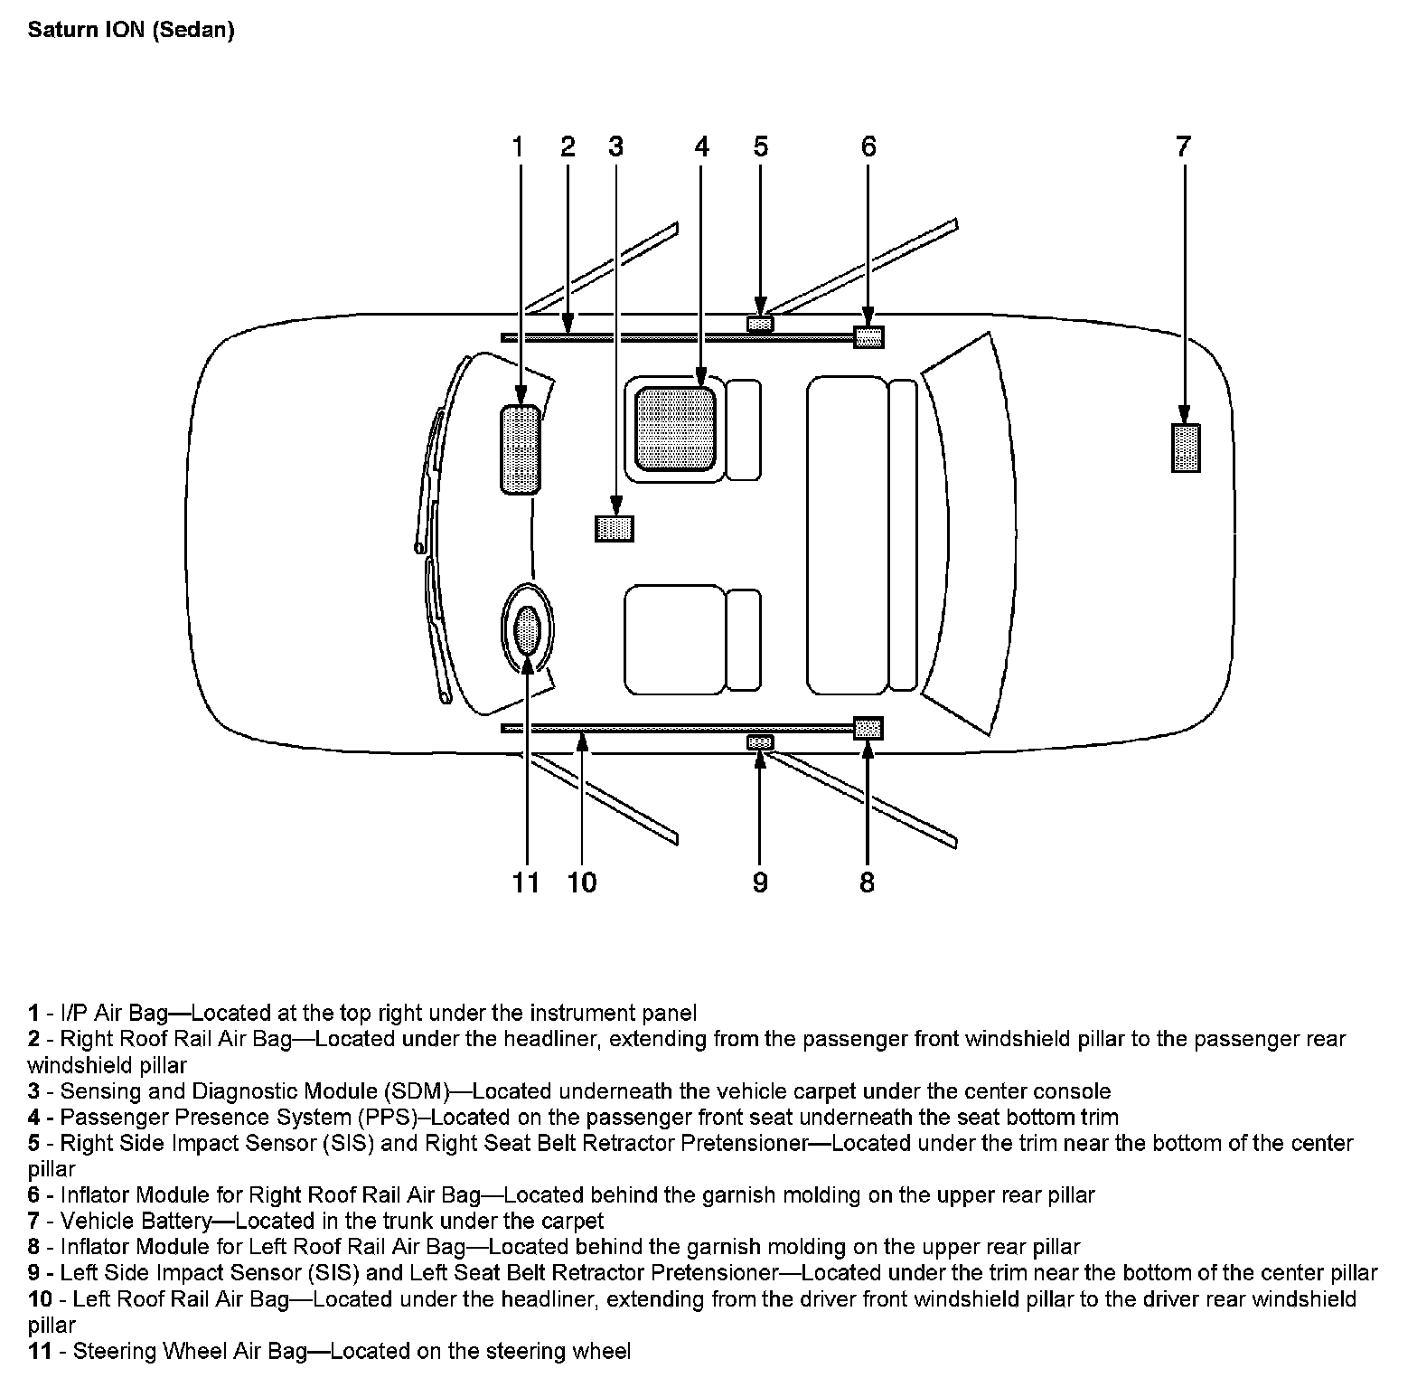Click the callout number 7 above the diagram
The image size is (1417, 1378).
point(1183,146)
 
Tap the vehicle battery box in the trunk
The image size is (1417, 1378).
point(1186,448)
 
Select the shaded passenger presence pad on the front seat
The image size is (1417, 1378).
point(676,429)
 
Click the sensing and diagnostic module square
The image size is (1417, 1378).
point(615,527)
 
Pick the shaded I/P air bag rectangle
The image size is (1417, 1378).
point(521,450)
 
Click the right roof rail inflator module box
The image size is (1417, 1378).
point(868,337)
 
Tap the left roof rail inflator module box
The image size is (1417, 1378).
point(868,728)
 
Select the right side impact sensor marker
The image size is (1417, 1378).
point(760,324)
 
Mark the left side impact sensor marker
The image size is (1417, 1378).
point(760,742)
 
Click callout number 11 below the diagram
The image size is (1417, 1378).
point(525,882)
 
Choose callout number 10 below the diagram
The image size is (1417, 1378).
point(582,882)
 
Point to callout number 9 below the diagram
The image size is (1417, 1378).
point(760,882)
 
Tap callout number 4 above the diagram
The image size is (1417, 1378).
point(702,146)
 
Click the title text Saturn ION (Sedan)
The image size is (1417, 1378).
point(131,30)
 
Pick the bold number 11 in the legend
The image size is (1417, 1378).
point(40,1351)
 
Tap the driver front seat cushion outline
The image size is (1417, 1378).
point(675,639)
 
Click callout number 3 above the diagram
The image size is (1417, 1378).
point(615,146)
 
